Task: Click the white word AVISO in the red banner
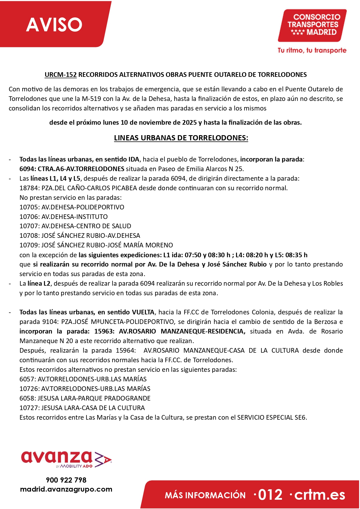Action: [x=54, y=25]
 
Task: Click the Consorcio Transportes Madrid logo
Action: [x=312, y=26]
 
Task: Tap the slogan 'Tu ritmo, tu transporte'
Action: [x=312, y=50]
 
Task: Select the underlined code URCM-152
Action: [x=61, y=75]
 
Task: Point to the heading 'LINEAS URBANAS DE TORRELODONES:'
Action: [x=181, y=138]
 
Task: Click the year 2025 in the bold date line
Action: [x=189, y=123]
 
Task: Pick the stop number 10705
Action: [x=29, y=207]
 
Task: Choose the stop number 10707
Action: [x=29, y=226]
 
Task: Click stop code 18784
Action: [x=29, y=188]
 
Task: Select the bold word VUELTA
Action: [x=143, y=312]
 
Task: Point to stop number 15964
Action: [x=125, y=350]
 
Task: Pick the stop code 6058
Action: [x=27, y=398]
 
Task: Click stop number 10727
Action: [x=29, y=408]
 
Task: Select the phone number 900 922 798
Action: [x=66, y=480]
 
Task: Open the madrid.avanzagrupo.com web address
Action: [x=66, y=489]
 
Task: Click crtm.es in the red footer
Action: [x=320, y=495]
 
